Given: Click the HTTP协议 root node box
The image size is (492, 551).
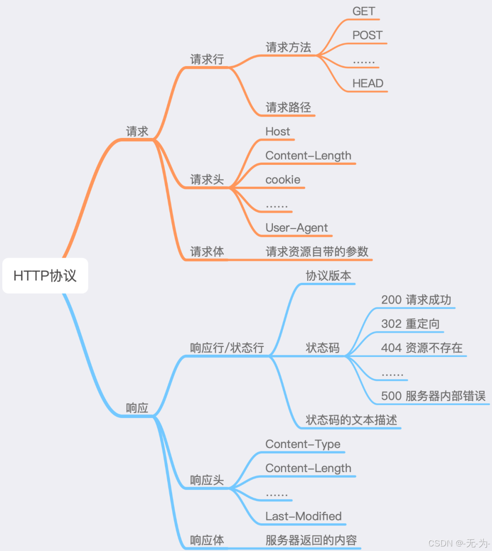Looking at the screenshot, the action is tap(45, 275).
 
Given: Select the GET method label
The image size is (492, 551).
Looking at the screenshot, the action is tap(364, 11).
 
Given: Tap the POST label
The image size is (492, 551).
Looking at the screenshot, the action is tap(367, 36).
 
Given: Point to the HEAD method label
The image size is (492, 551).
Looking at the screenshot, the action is tap(368, 83).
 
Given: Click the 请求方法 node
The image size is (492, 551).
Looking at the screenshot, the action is tap(288, 47).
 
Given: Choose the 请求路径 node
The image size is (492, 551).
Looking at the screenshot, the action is tap(288, 107).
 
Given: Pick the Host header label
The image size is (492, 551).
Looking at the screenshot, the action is tap(277, 132).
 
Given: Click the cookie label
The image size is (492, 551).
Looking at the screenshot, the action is tap(282, 180).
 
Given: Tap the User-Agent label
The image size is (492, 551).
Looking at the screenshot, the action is tap(297, 228).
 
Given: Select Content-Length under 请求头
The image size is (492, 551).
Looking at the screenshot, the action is tap(308, 156).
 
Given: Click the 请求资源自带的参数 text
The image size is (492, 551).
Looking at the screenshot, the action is tap(317, 252).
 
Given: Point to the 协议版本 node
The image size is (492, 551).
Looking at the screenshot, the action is tap(328, 276).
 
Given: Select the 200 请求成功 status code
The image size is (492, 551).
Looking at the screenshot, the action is tap(416, 300).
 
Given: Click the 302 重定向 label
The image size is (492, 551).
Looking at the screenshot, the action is tap(410, 324).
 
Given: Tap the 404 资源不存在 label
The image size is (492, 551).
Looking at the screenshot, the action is tap(421, 348).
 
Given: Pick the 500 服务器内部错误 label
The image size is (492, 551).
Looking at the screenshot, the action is tap(433, 396).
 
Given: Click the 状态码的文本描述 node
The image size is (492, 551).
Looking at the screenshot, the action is tap(351, 420).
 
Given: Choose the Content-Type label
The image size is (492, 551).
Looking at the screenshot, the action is tap(302, 444).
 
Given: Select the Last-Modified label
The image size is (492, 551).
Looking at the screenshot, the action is tap(303, 516).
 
